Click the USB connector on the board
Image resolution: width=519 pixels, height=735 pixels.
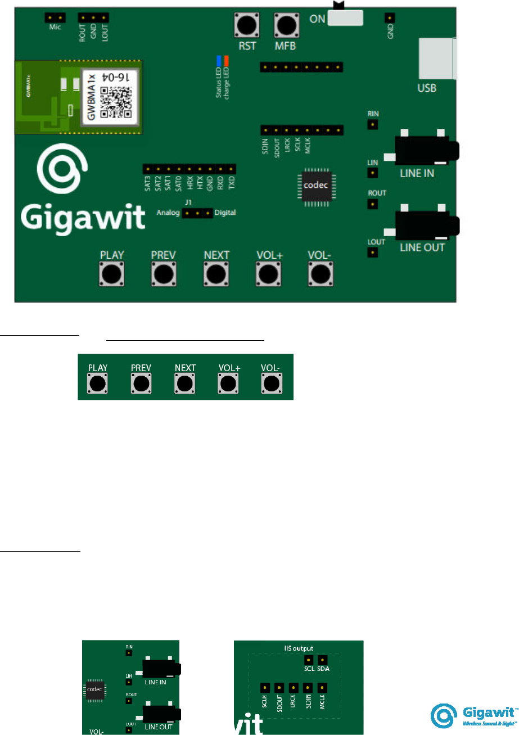(436, 58)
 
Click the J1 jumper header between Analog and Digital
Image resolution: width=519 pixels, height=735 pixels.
(196, 213)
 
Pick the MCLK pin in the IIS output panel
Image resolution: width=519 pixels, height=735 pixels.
(322, 688)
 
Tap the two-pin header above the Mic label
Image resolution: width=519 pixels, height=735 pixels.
(52, 17)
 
